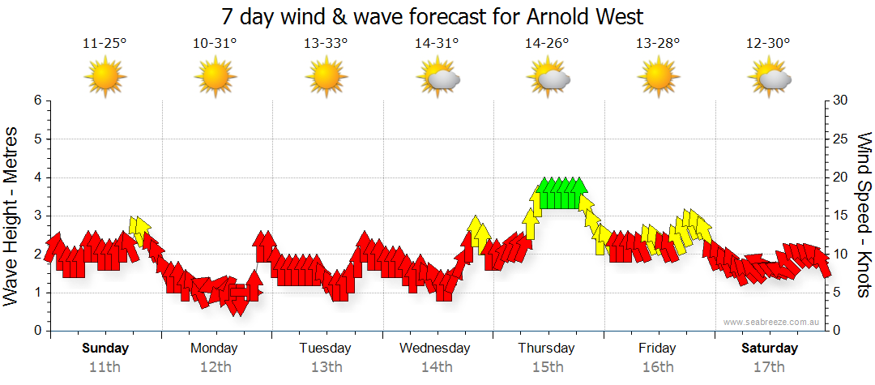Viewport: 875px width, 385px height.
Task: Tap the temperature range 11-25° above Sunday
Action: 105,44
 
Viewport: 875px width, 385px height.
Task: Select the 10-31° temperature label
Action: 215,44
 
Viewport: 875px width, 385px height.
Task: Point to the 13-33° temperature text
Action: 326,44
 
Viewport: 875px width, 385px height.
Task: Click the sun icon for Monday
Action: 215,78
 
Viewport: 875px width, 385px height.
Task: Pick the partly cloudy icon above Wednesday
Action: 437,78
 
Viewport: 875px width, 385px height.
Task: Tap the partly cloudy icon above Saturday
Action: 769,78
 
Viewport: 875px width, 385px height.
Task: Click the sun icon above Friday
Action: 658,78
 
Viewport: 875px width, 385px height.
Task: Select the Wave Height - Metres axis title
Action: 12,216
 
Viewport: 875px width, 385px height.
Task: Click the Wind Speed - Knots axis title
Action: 863,216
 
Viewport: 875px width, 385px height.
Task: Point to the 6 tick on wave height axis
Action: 36,101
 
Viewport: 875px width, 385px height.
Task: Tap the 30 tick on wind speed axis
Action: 840,101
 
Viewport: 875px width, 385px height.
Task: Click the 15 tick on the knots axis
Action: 840,216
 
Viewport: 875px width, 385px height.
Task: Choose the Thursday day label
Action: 547,349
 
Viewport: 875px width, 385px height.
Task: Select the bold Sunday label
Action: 105,349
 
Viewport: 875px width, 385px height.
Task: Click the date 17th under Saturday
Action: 769,367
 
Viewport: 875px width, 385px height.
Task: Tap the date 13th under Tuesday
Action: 326,367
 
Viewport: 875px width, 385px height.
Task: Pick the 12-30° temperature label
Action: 769,44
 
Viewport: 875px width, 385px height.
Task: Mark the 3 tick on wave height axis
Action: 36,216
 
